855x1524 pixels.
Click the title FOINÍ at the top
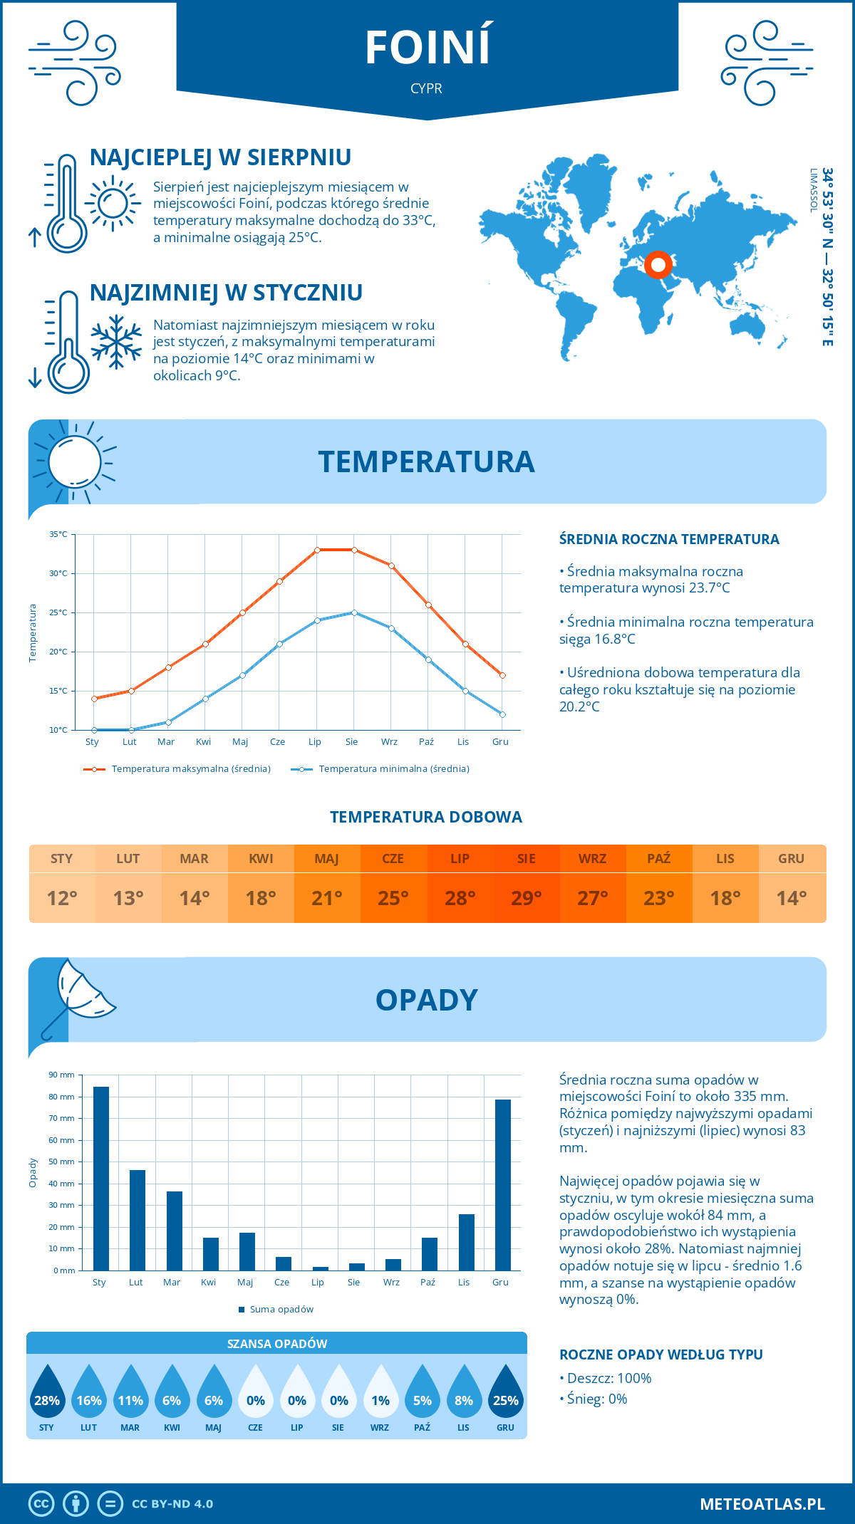click(427, 48)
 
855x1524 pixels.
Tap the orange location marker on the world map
click(658, 265)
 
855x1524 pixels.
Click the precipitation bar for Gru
click(503, 1184)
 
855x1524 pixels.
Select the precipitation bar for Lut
click(138, 1220)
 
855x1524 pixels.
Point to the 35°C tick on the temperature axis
click(58, 534)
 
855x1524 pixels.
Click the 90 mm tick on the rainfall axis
click(62, 1075)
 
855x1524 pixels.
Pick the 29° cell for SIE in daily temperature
click(526, 898)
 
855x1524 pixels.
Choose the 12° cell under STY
click(62, 898)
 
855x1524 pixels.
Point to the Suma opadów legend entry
click(281, 1309)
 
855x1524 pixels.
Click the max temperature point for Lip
click(317, 550)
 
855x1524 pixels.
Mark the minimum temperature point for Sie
click(354, 612)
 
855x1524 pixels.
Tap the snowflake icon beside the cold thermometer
click(116, 342)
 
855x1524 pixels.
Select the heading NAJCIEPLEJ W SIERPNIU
click(220, 157)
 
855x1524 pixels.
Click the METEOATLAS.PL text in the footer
click(762, 1503)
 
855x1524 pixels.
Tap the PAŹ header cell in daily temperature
click(658, 859)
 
